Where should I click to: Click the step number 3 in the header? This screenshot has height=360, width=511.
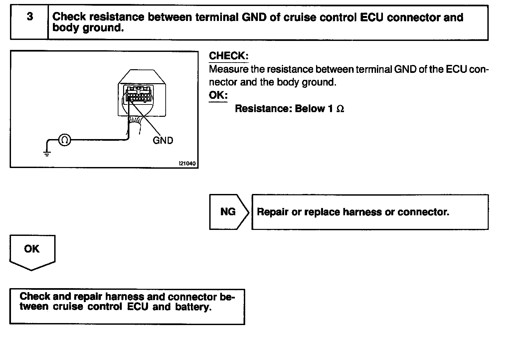point(30,17)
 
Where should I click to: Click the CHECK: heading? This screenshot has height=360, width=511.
point(229,56)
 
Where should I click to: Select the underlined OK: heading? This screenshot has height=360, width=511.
point(218,95)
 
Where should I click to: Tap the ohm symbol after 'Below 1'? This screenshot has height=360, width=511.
point(340,109)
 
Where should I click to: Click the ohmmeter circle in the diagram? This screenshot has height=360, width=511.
point(65,140)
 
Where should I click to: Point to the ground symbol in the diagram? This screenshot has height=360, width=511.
point(47,153)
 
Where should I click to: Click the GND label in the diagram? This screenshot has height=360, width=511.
point(163,140)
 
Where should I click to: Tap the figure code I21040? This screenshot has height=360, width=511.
point(187,164)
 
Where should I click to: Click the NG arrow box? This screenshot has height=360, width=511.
point(229,212)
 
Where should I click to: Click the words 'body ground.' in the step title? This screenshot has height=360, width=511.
point(88,28)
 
